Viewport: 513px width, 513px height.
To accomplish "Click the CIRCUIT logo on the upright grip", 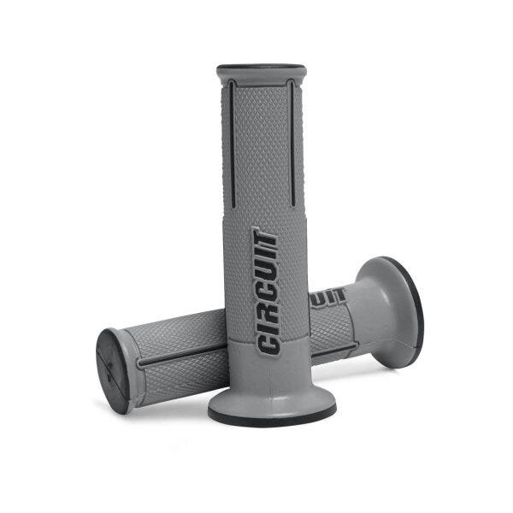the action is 266,292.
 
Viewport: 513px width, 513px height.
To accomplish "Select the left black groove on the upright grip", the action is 232,144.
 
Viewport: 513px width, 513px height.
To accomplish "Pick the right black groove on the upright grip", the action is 292,143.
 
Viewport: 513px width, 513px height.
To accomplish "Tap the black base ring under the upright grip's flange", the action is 272,416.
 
